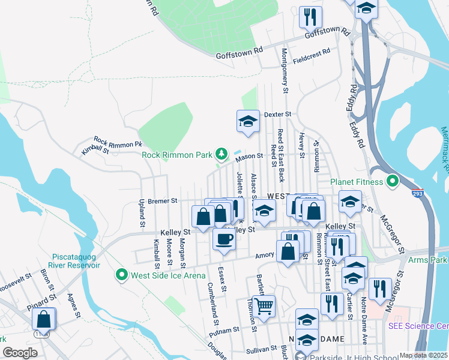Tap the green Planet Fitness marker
[x=393, y=180]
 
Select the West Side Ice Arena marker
[x=121, y=275]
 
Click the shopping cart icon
[x=264, y=306]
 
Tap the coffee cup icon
[x=224, y=239]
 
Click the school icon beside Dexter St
[x=248, y=121]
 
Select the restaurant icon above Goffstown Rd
[x=310, y=17]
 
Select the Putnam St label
[x=224, y=330]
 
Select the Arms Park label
[x=427, y=260]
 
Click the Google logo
[x=20, y=353]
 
